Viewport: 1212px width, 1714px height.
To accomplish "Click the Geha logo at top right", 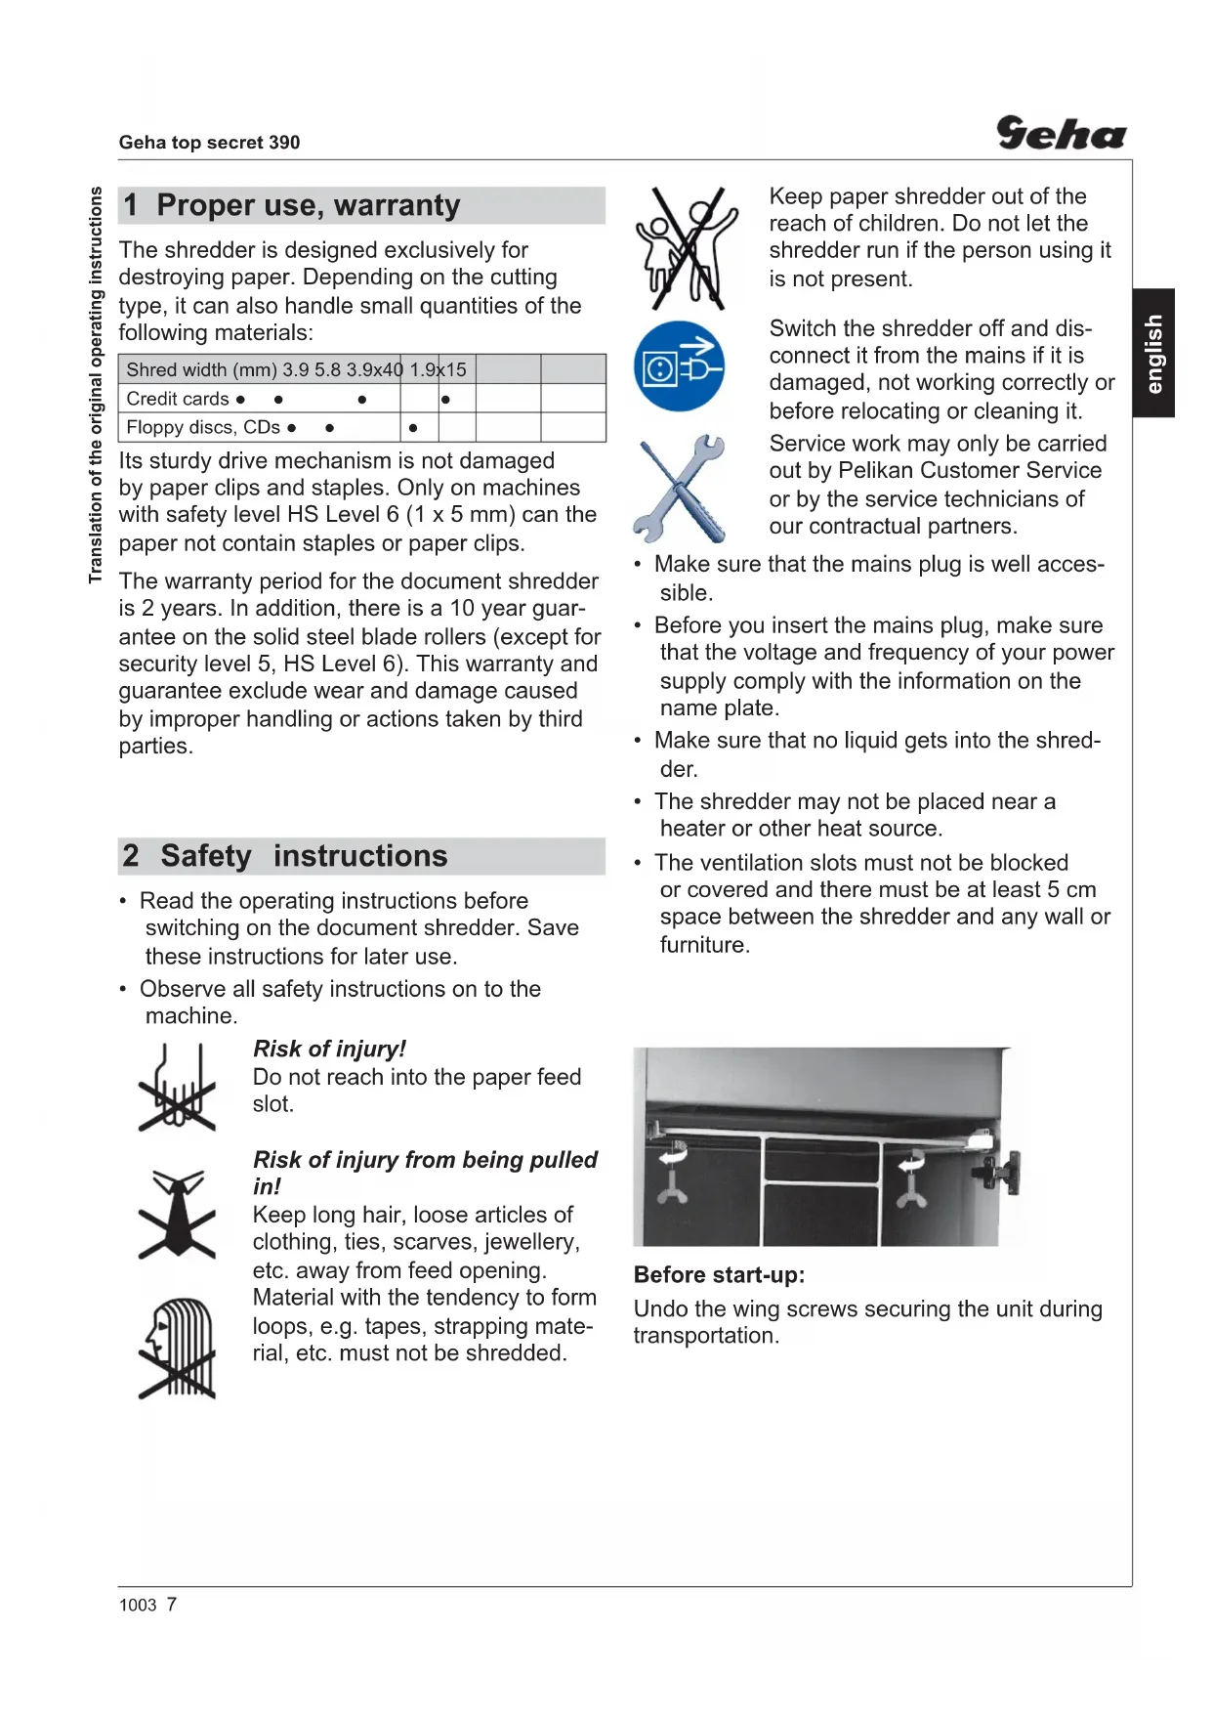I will (1061, 133).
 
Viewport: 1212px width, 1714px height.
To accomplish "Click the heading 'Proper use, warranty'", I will (308, 205).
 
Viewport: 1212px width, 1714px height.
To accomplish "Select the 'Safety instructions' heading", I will (304, 856).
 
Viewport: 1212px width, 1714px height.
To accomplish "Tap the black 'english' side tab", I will (1153, 353).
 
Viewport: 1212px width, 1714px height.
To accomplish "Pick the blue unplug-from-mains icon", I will (679, 366).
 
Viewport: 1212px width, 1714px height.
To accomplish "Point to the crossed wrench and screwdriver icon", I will (681, 489).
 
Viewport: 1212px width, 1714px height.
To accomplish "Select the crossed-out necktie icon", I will (177, 1214).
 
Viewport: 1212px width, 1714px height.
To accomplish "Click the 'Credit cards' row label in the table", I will (177, 399).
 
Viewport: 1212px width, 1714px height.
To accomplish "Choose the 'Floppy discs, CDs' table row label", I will (203, 427).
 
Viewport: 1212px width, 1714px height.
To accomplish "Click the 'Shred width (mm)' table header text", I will (201, 369).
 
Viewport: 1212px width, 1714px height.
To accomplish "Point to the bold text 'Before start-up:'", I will (719, 1275).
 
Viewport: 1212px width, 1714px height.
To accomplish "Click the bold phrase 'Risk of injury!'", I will (329, 1049).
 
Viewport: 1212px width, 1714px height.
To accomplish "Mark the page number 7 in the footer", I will (172, 1604).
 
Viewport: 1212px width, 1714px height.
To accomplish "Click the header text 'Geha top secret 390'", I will (209, 143).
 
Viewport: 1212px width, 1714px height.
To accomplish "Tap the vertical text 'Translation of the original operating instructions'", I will (96, 385).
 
